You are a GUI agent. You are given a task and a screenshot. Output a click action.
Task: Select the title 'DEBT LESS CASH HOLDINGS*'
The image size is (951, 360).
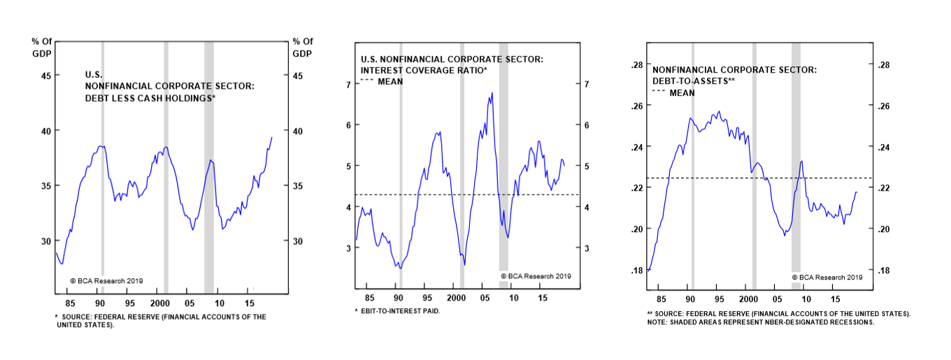click(x=150, y=99)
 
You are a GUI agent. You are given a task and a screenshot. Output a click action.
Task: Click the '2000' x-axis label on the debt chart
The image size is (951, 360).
click(x=159, y=303)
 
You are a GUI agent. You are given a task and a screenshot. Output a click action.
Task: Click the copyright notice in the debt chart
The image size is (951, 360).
click(x=106, y=280)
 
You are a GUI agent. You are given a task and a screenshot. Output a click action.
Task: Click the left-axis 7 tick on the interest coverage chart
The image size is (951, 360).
click(x=348, y=85)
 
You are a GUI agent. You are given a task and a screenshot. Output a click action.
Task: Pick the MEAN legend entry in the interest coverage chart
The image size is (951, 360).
click(x=390, y=82)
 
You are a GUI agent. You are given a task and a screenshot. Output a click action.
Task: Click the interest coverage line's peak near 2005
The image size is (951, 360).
click(x=492, y=93)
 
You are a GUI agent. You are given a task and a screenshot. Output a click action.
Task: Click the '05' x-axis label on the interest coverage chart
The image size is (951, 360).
click(x=484, y=298)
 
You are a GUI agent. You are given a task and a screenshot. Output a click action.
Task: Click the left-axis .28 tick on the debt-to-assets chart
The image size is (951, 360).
click(x=636, y=65)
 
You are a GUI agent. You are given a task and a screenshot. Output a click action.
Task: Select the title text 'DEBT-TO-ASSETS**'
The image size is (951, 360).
click(x=693, y=81)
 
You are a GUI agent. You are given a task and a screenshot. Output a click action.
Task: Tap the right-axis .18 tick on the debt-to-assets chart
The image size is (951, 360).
click(x=883, y=271)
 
